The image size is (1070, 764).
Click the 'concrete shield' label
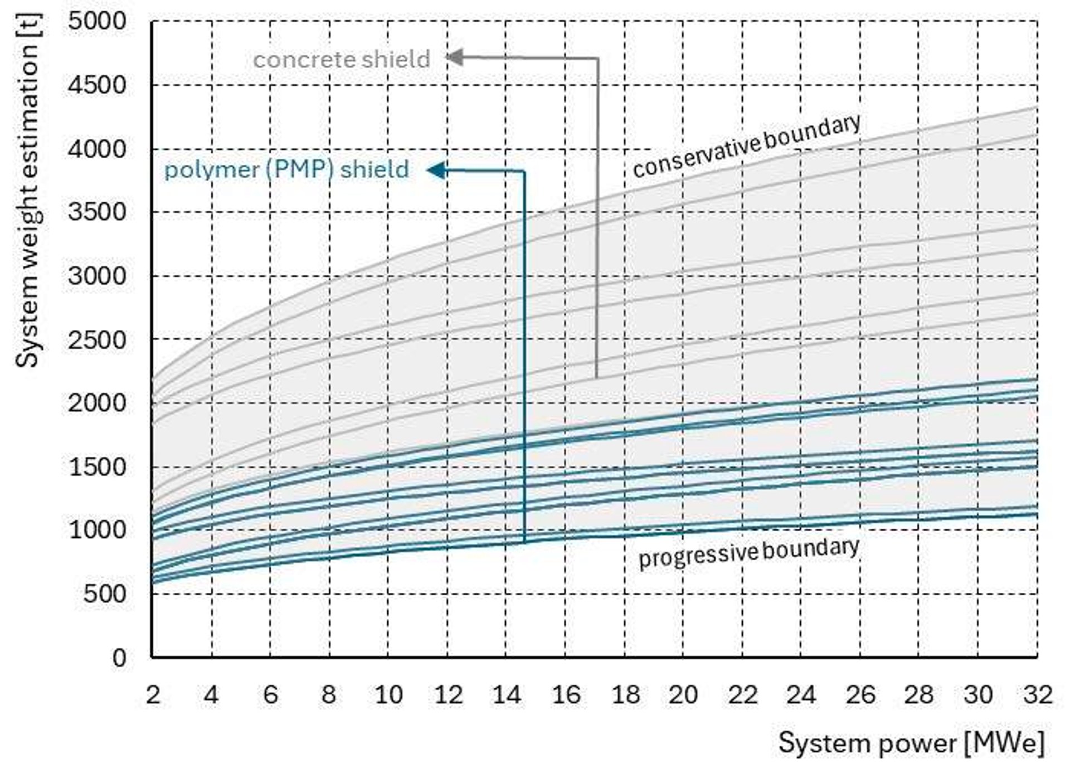click(x=342, y=60)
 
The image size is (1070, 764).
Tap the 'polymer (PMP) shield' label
click(x=286, y=169)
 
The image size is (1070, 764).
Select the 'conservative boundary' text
click(x=747, y=146)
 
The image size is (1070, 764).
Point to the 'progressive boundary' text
click(x=748, y=552)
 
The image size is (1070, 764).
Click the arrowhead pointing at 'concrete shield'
click(x=454, y=57)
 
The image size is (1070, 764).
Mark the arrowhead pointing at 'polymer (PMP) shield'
click(x=436, y=170)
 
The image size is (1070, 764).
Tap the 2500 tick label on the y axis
click(x=97, y=339)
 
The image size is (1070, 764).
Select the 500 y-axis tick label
click(x=105, y=594)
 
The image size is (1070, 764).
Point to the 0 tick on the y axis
click(x=119, y=658)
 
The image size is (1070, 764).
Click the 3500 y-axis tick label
click(x=97, y=212)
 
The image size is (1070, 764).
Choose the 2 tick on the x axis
click(x=153, y=695)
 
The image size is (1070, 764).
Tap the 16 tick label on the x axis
click(x=566, y=695)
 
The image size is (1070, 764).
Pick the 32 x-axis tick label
click(x=1037, y=695)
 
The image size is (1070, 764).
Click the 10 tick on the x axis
click(x=388, y=695)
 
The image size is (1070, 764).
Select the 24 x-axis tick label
click(x=801, y=695)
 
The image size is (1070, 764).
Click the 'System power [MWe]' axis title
click(x=911, y=743)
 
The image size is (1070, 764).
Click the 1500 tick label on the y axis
click(x=97, y=467)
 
